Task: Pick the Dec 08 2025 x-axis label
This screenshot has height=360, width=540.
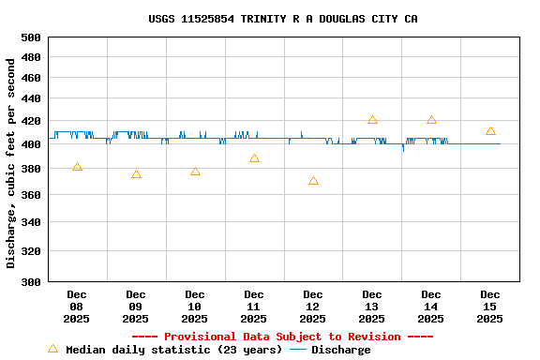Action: [x=77, y=307]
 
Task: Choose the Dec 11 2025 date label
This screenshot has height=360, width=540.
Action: [x=254, y=307]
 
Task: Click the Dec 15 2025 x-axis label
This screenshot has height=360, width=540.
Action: [x=490, y=307]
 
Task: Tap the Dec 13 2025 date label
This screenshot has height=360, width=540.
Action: [x=372, y=307]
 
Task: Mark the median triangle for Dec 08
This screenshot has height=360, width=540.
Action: [x=77, y=167]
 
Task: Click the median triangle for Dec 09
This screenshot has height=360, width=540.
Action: [x=136, y=174]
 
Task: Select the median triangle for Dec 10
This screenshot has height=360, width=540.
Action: [x=195, y=172]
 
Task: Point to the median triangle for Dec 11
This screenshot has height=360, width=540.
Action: [x=254, y=158]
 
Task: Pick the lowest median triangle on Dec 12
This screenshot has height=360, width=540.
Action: [x=313, y=181]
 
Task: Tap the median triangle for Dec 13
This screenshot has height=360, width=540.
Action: [x=372, y=120]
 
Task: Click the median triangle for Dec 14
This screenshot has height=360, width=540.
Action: [x=431, y=120]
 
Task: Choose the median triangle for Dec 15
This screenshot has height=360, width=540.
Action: [x=490, y=131]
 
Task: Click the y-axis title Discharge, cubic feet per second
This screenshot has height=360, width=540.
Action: [x=11, y=163]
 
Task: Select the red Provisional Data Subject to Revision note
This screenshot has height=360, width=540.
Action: [x=282, y=337]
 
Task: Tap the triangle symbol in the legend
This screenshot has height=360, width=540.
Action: [x=52, y=349]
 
